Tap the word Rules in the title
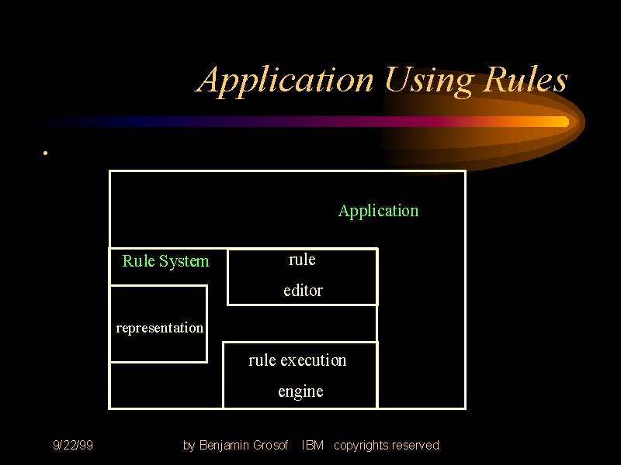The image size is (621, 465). click(x=526, y=80)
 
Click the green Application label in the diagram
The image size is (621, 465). click(x=378, y=211)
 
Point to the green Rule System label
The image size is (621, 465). click(x=165, y=261)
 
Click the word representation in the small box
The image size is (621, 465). click(x=159, y=328)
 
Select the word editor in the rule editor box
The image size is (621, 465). click(x=303, y=291)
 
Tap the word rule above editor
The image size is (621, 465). click(x=302, y=260)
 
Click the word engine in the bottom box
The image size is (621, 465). click(x=300, y=391)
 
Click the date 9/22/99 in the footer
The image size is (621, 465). click(x=73, y=445)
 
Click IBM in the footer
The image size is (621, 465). click(x=312, y=445)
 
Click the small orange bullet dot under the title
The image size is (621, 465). click(x=46, y=153)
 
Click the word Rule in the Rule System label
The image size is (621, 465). click(x=138, y=261)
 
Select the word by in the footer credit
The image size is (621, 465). click(x=189, y=446)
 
